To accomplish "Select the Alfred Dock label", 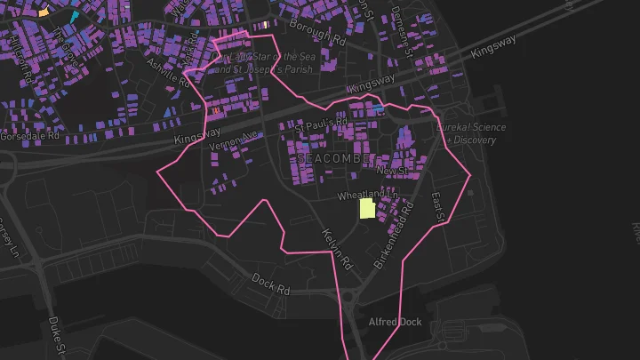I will coord(394,321).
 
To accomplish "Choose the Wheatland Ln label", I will coord(363,194).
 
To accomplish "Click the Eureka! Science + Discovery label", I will coord(471,132).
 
